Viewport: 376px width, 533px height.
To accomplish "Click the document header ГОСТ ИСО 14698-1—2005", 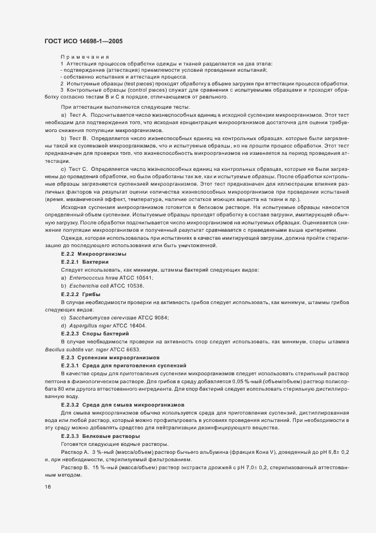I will pos(83,42).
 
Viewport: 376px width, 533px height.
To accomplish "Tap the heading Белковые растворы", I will pos(115,435).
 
